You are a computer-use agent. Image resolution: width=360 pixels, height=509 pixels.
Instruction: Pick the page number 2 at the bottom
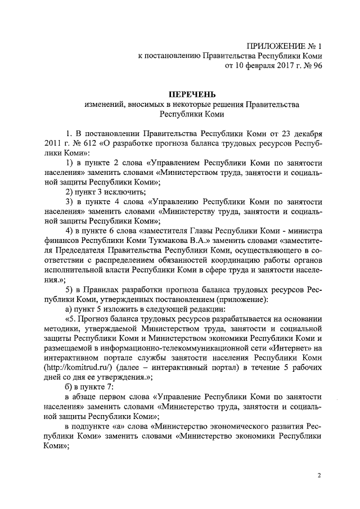pyautogui.click(x=319, y=475)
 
